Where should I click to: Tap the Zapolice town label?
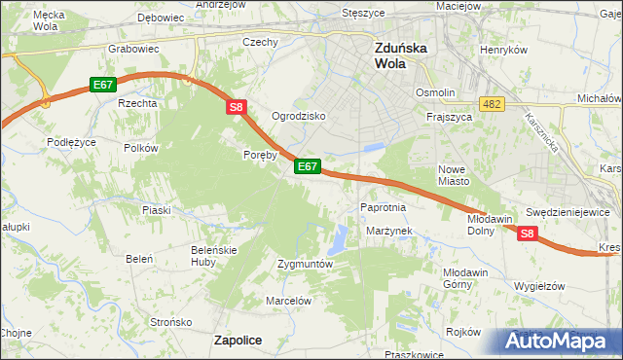238,339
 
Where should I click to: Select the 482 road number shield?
491,103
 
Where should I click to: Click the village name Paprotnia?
383,207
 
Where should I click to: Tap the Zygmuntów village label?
306,264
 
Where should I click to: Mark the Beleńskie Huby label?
214,255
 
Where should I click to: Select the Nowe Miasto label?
454,173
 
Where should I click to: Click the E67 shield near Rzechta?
104,86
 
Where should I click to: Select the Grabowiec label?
133,47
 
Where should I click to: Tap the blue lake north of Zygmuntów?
339,236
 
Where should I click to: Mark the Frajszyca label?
450,116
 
